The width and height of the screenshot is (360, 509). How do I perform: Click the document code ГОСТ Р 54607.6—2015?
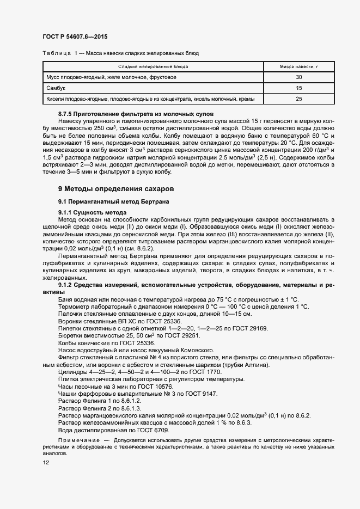pos(75,36)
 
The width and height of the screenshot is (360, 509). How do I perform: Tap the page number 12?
pos(46,463)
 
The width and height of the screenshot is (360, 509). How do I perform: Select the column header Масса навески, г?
pos(298,66)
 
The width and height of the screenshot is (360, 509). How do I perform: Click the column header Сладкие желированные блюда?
pos(154,66)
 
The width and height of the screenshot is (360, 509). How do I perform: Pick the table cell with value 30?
pos(298,77)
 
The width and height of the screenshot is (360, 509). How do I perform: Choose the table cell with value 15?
pos(298,88)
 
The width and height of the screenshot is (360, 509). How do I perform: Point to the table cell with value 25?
pos(298,99)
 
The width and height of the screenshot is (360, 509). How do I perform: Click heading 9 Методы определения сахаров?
pos(115,189)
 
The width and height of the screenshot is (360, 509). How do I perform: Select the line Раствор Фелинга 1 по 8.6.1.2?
pos(99,401)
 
